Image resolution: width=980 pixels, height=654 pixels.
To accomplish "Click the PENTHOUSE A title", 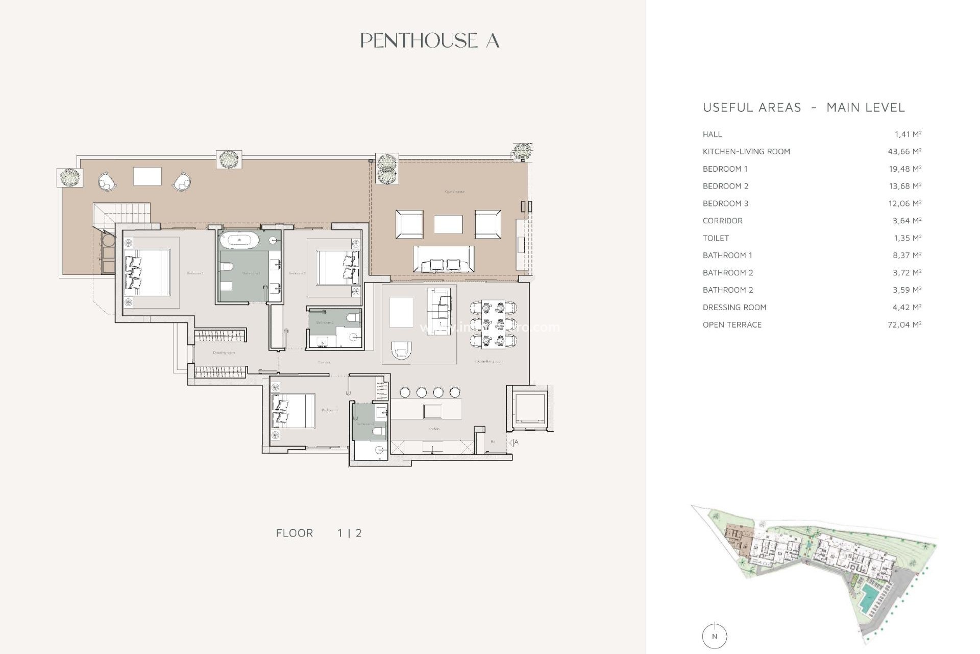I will pos(429,41).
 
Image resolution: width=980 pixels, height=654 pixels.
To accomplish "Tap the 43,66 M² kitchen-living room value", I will pos(904,152).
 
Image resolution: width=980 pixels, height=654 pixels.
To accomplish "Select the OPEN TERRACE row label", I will pos(732,325).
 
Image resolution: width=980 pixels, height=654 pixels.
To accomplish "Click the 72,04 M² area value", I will pos(904,325).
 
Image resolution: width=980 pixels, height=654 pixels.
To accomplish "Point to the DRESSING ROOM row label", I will pos(734,308).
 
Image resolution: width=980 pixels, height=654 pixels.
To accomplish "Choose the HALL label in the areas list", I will pos(712,134).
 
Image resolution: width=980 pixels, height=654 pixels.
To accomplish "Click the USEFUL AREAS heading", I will pos(752,108).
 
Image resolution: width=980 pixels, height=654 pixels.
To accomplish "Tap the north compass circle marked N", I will pos(714,637).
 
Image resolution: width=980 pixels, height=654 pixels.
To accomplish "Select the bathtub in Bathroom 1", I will pos(243,240).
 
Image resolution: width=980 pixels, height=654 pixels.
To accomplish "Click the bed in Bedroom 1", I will pos(148,272).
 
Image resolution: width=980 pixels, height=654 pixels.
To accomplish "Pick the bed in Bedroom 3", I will pos(293,411).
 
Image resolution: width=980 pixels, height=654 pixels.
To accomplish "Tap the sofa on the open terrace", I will pos(443,259).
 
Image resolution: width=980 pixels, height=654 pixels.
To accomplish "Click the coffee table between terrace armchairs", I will pos(448,224).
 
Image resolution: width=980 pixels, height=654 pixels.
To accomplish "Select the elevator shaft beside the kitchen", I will pos(529,409).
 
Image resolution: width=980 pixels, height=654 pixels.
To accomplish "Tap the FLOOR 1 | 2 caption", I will pos(318,533).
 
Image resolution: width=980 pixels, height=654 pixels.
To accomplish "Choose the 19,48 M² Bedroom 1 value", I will pos(904,169).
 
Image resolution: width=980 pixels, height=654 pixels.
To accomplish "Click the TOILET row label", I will pos(716,238).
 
